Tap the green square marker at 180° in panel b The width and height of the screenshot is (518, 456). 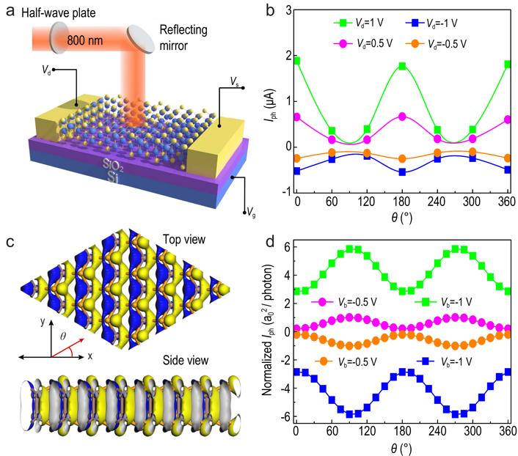coord(402,66)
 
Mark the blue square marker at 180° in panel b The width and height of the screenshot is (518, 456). coord(402,172)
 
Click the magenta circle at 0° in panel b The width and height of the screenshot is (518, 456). coord(297,116)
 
